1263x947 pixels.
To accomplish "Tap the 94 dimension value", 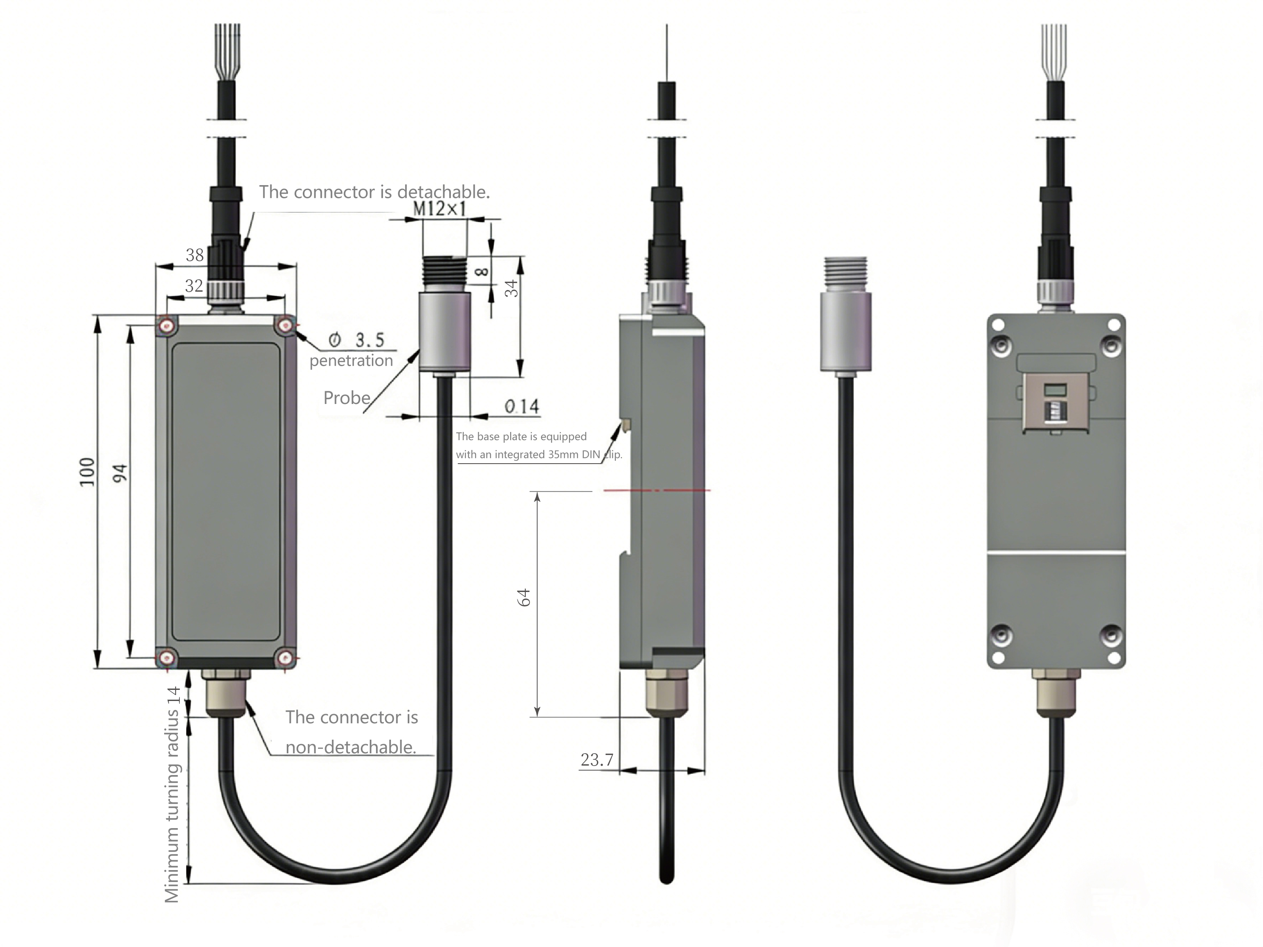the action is [120, 473].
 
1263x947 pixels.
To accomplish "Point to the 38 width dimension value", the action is [195, 255].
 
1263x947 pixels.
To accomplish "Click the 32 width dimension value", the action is [194, 285].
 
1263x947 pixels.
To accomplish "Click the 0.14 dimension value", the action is [521, 406].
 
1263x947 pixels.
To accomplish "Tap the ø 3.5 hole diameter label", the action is [356, 340].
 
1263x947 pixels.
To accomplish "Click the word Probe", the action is [346, 398].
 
